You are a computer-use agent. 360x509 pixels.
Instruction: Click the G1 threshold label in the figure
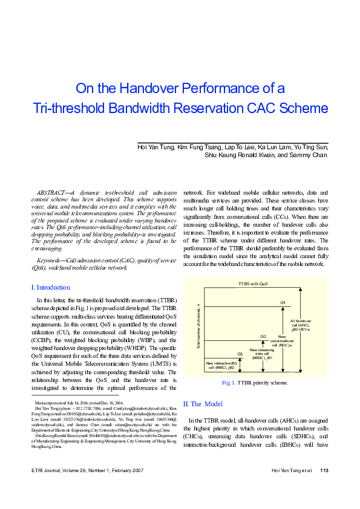[x=283, y=302]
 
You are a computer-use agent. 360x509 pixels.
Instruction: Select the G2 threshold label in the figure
[x=263, y=336]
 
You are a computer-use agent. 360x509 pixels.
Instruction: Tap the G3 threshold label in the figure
[x=240, y=353]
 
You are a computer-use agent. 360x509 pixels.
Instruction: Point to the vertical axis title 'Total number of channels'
[x=198, y=326]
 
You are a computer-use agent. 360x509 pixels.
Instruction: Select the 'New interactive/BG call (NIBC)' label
[x=221, y=365]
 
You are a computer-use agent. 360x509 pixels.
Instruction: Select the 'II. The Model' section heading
[x=203, y=403]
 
